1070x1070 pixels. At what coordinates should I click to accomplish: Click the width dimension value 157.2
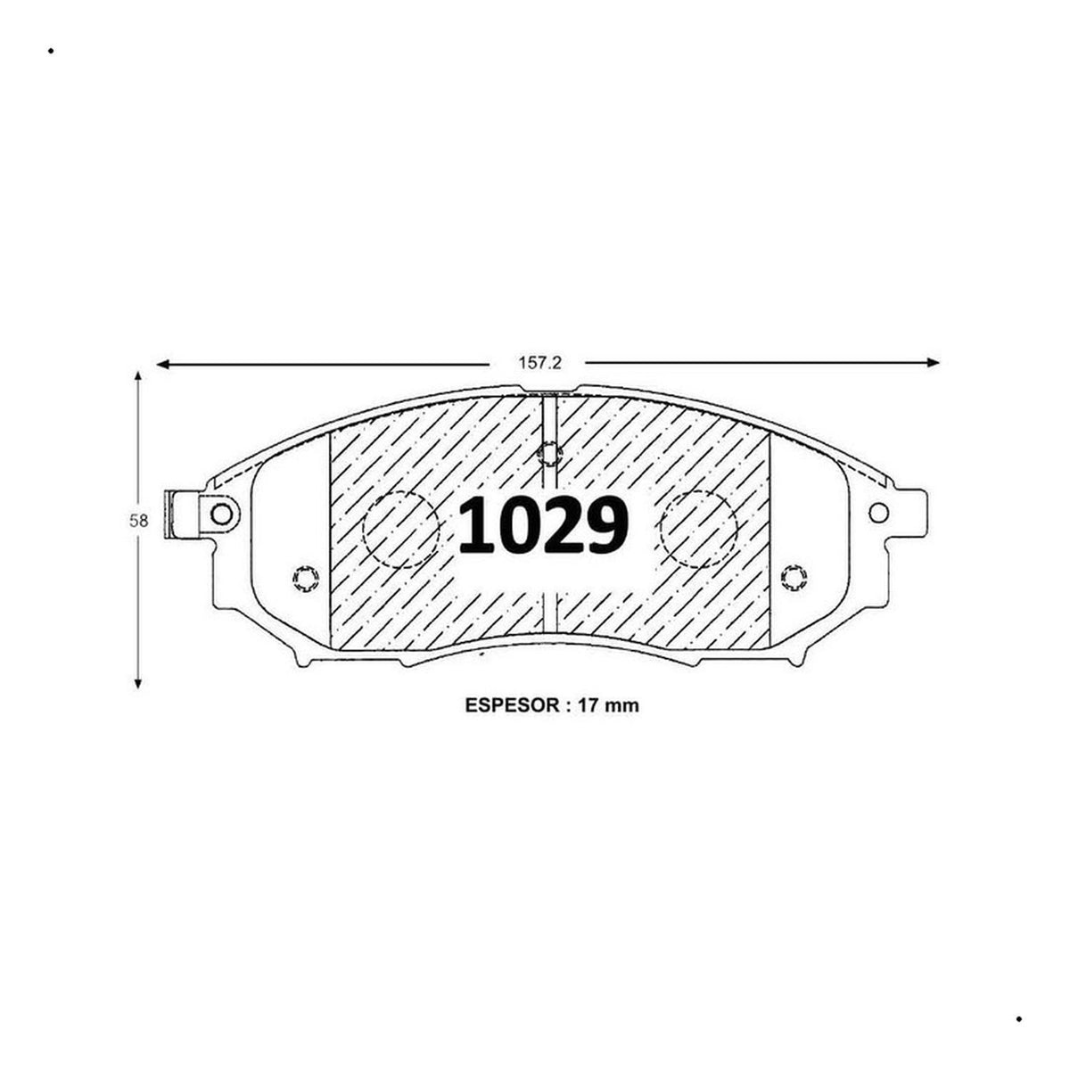(539, 363)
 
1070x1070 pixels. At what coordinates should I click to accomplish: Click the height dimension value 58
(139, 521)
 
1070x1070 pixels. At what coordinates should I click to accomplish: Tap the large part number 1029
(544, 525)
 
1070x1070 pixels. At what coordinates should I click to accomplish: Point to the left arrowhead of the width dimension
(162, 365)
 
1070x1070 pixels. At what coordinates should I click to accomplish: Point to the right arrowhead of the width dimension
(933, 363)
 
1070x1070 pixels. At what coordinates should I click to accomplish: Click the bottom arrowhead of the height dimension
(138, 682)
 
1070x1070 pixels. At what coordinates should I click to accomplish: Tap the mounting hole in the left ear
(222, 514)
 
